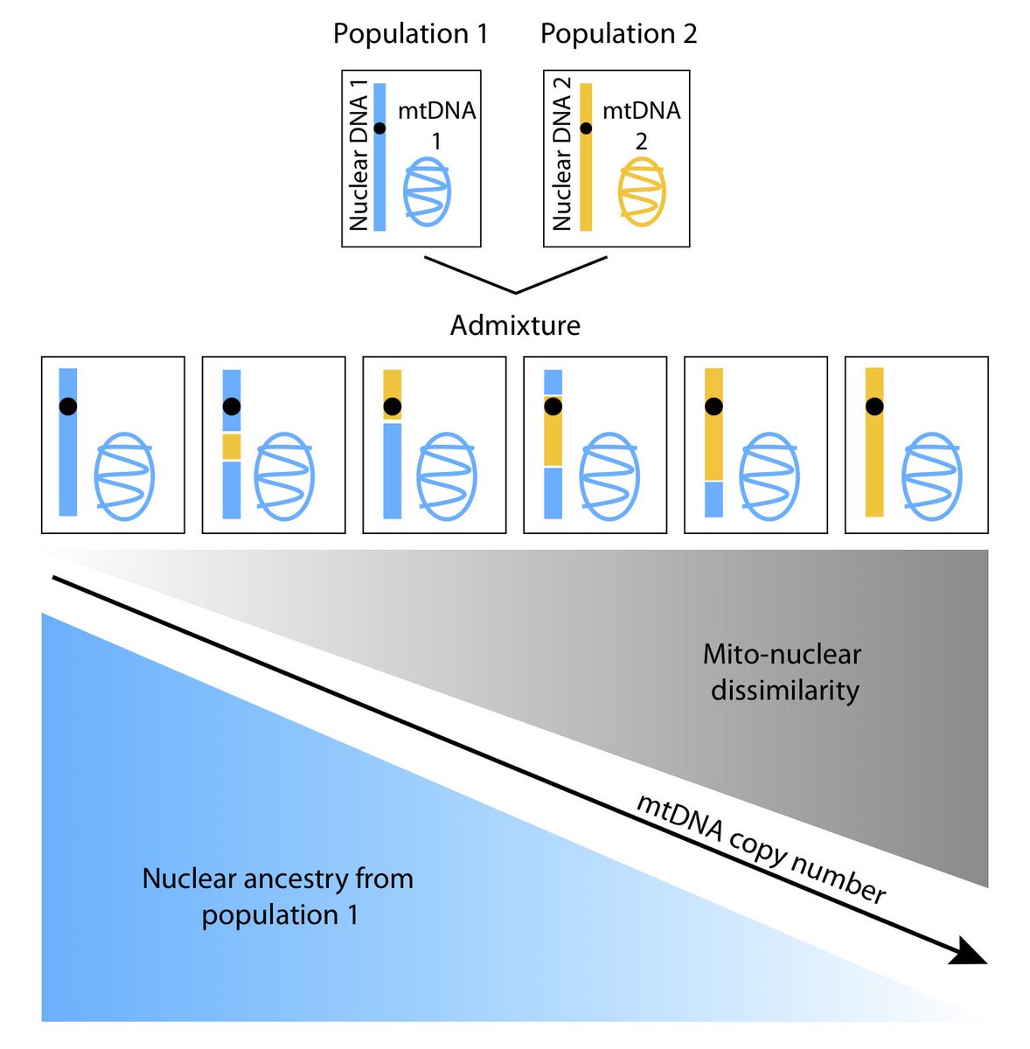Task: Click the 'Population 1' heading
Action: click(x=410, y=34)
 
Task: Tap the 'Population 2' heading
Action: click(x=618, y=34)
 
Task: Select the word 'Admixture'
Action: click(x=515, y=325)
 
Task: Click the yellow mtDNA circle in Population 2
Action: click(x=642, y=191)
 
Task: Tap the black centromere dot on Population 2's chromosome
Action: click(x=586, y=129)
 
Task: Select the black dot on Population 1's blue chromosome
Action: click(x=379, y=129)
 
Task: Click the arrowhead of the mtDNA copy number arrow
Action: click(x=968, y=952)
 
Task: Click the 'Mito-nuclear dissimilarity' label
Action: click(x=783, y=672)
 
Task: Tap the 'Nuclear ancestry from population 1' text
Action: click(x=278, y=896)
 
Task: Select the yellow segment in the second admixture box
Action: click(x=231, y=447)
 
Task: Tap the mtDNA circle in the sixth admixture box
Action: click(x=932, y=477)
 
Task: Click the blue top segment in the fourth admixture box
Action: click(x=553, y=381)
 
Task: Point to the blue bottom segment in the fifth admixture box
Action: click(x=713, y=499)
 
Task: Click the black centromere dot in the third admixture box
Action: click(x=392, y=406)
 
